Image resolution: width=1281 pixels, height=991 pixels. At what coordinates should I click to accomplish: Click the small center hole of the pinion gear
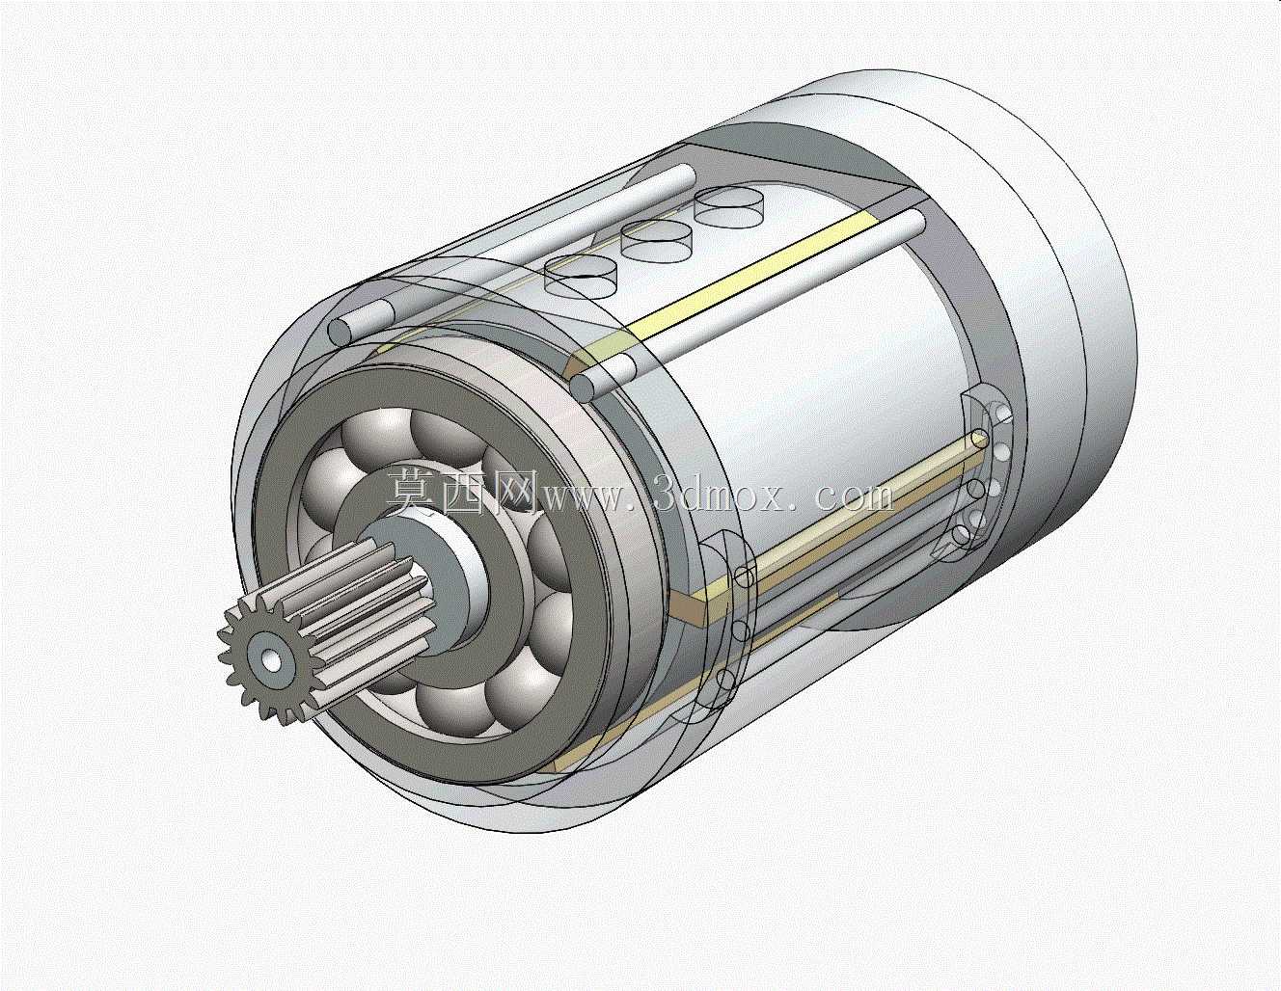coord(271,661)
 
